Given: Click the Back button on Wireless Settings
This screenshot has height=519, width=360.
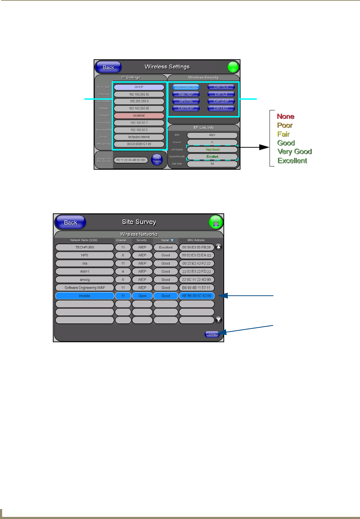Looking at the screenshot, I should pos(108,67).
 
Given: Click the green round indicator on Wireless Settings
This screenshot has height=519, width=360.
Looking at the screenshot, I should pos(233,67).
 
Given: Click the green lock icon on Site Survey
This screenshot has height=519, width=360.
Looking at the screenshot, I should pos(216,222).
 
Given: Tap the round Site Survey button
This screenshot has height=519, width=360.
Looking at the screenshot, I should pos(157,159).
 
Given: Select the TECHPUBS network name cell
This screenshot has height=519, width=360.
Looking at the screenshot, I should pos(84,247).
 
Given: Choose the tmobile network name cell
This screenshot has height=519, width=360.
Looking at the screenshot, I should pos(84,296).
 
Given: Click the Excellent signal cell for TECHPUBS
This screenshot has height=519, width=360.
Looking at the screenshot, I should pos(166,247).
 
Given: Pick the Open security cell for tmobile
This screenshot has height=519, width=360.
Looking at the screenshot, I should pos(142,296).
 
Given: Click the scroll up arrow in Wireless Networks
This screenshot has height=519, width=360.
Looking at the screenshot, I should pos(219,247).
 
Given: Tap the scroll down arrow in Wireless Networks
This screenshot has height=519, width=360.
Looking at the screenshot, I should pos(219,319).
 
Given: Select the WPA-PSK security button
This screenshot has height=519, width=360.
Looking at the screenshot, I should pos(186,101).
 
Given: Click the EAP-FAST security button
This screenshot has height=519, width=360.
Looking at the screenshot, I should pos(221,108).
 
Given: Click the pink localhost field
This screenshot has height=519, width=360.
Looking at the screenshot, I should pos(139,115).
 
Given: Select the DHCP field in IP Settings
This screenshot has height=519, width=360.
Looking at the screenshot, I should pos(139,87).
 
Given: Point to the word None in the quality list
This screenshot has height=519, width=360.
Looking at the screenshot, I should pos(286,116).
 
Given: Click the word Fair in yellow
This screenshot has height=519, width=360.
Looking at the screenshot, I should pos(283,134).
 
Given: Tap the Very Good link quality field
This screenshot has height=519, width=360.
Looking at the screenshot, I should pos(212,149).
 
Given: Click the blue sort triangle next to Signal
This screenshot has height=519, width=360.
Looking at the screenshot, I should pos(172,240).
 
